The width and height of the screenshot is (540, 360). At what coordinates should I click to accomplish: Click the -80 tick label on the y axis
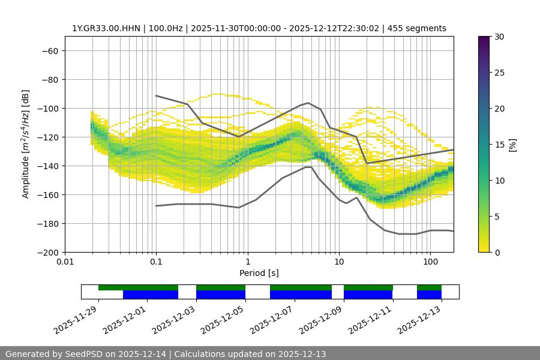coord(49,79)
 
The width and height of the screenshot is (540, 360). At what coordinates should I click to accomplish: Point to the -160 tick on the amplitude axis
coord(47,194)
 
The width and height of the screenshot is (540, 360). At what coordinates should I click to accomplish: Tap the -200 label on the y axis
coord(47,252)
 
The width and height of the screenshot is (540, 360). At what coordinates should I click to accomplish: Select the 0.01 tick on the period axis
coord(65,262)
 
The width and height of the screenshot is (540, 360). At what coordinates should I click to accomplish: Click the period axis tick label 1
coord(247,262)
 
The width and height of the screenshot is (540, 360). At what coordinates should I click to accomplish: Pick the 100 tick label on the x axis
coord(430,262)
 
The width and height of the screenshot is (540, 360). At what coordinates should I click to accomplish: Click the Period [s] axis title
coord(259,273)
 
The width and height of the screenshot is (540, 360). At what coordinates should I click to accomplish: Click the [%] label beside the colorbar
coord(512,145)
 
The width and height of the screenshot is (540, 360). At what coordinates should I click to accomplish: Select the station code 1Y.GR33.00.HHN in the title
coord(105,28)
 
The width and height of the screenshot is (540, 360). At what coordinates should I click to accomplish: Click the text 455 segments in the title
coord(417,28)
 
